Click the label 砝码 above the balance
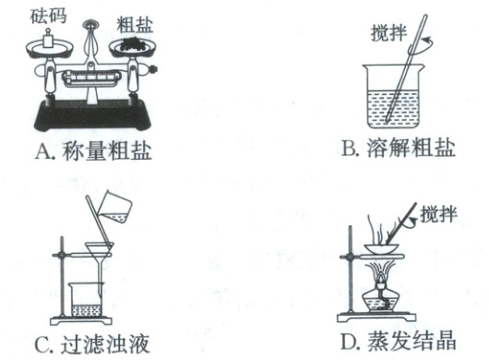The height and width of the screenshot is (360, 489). pyautogui.click(x=48, y=16)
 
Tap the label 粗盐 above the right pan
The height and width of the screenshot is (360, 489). pyautogui.click(x=135, y=25)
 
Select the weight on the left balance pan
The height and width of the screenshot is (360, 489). pyautogui.click(x=48, y=39)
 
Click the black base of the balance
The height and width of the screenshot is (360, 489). pyautogui.click(x=92, y=115)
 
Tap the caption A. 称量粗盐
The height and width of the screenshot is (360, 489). pyautogui.click(x=93, y=151)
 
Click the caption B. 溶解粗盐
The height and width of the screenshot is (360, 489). pyautogui.click(x=399, y=149)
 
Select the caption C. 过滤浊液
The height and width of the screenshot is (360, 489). pyautogui.click(x=92, y=344)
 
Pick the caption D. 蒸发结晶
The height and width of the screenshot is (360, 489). pyautogui.click(x=399, y=341)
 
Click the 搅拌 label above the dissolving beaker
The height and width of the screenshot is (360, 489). pyautogui.click(x=388, y=32)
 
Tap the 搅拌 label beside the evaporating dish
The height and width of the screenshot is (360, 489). pyautogui.click(x=439, y=214)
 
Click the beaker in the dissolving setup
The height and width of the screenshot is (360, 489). pyautogui.click(x=393, y=96)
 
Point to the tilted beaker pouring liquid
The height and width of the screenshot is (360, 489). pyautogui.click(x=115, y=207)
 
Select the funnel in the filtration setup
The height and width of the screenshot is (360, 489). pyautogui.click(x=100, y=262)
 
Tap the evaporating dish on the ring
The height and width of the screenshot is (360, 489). pyautogui.click(x=382, y=248)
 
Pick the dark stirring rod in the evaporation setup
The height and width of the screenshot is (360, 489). pyautogui.click(x=401, y=223)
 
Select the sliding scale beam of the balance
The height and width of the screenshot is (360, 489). pyautogui.click(x=91, y=78)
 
